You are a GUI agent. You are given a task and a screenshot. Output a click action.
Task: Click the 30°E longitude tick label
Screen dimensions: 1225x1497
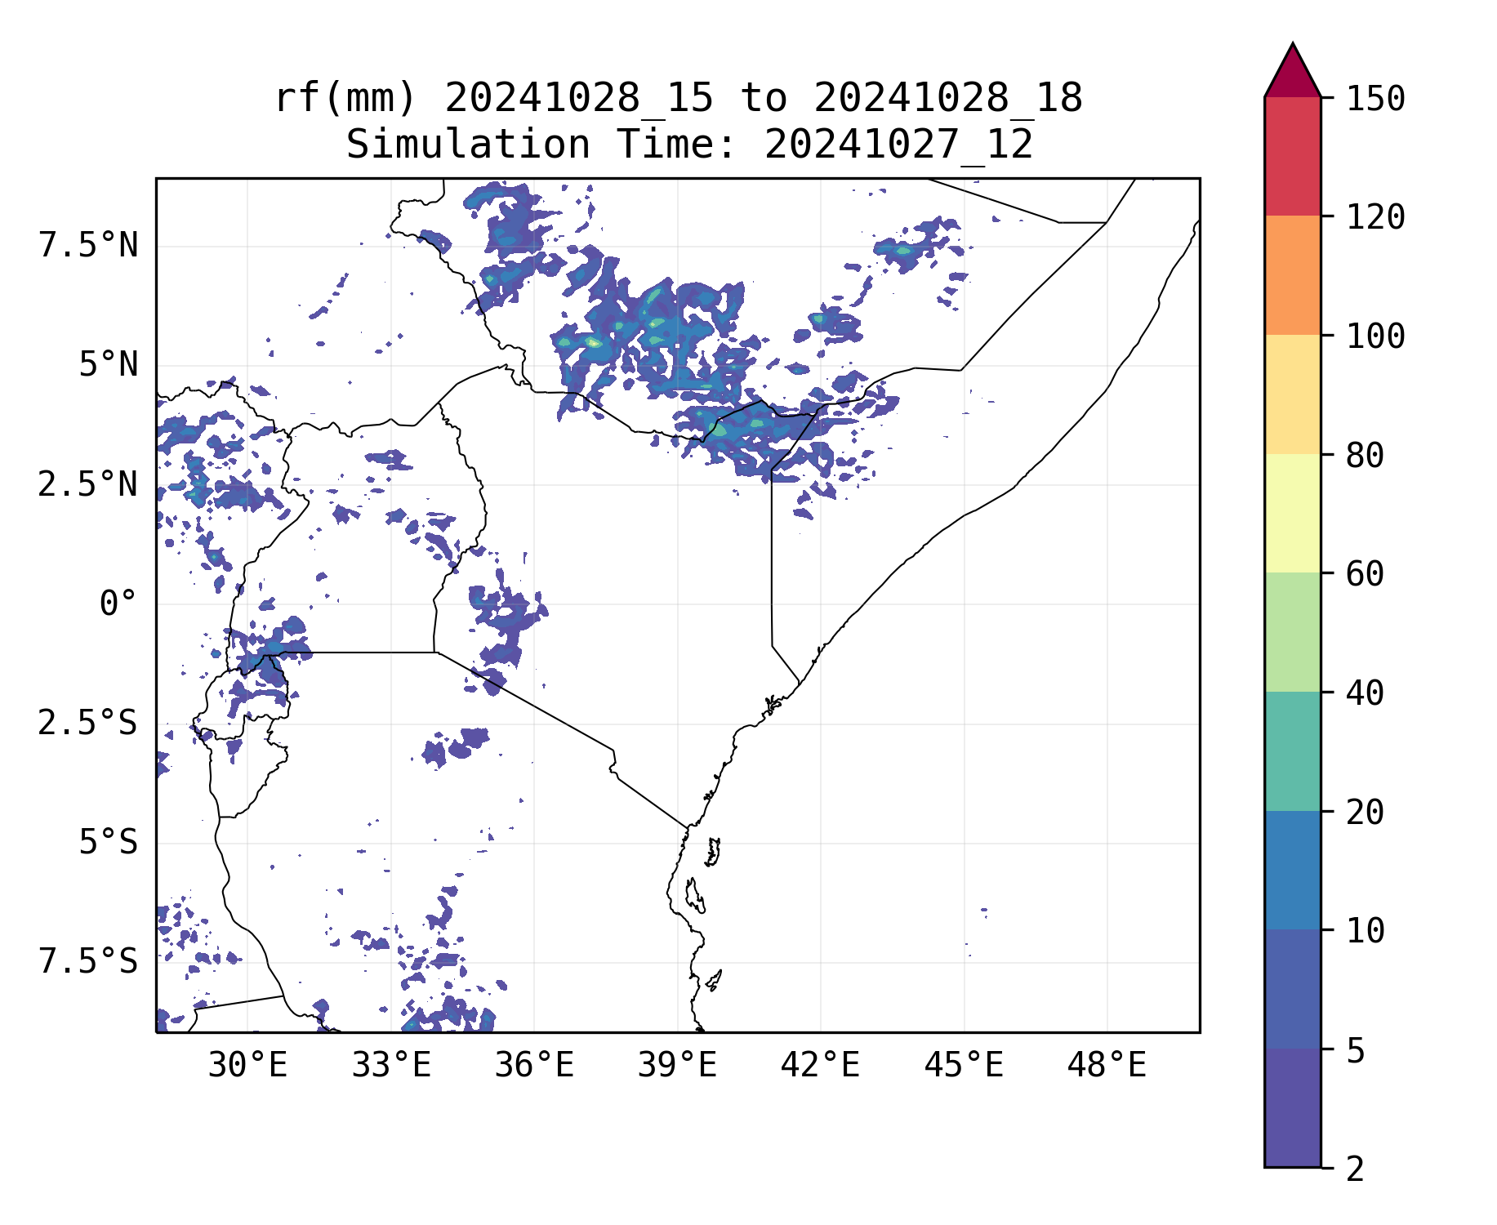(x=247, y=1066)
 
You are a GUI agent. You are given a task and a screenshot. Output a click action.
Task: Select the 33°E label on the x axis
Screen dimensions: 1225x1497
(x=391, y=1066)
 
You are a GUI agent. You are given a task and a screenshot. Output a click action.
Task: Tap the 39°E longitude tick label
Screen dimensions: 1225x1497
(x=677, y=1066)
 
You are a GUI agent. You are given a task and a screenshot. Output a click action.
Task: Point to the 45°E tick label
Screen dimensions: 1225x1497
(x=964, y=1066)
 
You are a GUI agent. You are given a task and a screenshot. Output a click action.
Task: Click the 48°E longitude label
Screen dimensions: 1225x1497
(x=1107, y=1066)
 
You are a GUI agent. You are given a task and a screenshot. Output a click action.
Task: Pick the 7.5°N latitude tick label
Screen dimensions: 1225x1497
(x=88, y=246)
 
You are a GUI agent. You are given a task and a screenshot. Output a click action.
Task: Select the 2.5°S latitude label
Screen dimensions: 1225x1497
(x=88, y=724)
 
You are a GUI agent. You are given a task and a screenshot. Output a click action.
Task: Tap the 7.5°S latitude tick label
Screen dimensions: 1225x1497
(x=88, y=962)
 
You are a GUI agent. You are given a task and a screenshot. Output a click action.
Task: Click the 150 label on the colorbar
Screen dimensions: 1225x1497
(x=1375, y=99)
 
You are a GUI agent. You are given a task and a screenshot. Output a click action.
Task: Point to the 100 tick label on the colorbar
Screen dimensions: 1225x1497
(x=1375, y=336)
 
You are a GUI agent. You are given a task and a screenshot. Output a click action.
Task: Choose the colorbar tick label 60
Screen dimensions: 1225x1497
(x=1365, y=574)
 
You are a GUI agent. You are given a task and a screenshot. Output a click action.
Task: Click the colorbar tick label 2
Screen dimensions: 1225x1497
(x=1355, y=1169)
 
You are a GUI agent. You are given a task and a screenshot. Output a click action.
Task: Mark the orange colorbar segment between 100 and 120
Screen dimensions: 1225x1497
(x=1292, y=275)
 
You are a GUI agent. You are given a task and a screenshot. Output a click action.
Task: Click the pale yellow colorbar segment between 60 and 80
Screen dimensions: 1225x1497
(x=1292, y=513)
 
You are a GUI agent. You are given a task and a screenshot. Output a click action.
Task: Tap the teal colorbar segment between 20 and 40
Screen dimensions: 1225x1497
(x=1292, y=751)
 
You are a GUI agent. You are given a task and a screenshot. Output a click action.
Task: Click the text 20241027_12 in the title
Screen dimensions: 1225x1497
(x=898, y=145)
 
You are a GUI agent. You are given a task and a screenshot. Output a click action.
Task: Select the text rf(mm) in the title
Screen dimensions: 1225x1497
(x=345, y=99)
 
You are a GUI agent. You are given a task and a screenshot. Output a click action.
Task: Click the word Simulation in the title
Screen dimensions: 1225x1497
(x=467, y=145)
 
